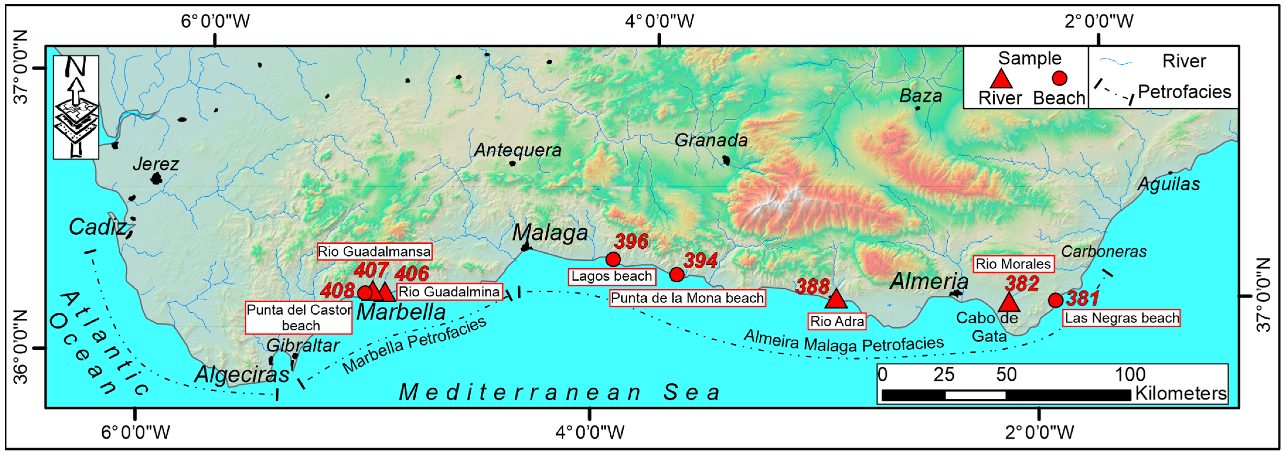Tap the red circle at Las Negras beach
(x=1056, y=300)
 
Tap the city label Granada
(x=711, y=141)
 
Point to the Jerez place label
(x=156, y=164)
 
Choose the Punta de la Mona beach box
(x=687, y=298)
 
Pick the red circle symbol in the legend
(x=1059, y=78)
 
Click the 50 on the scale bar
(x=1006, y=375)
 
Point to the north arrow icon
(x=76, y=107)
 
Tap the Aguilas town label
(x=1168, y=185)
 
